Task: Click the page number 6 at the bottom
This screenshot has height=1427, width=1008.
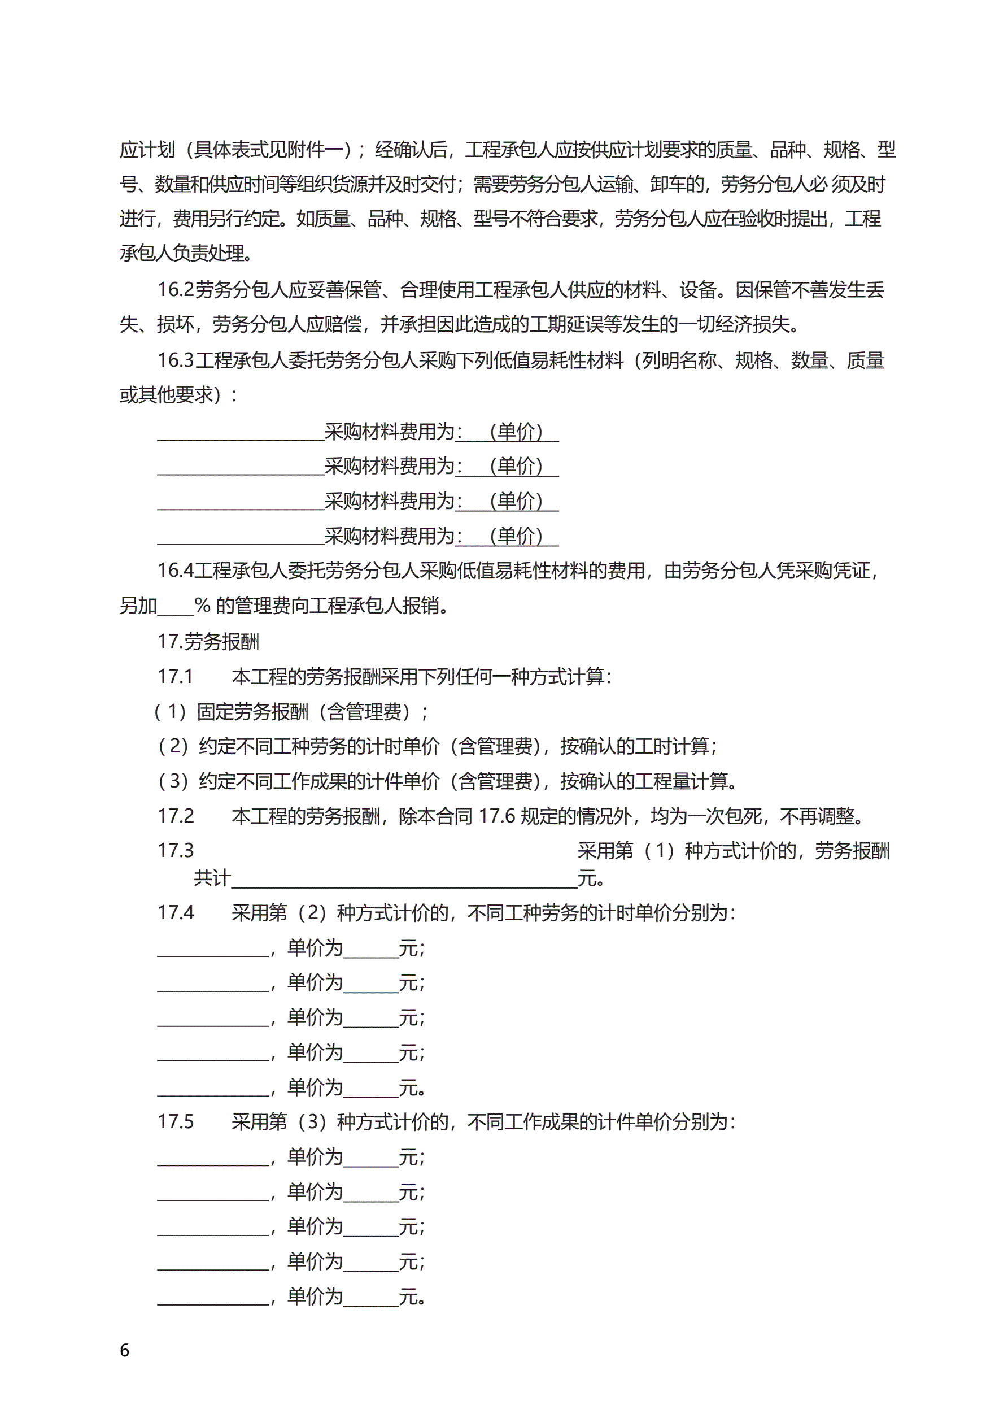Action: (x=124, y=1350)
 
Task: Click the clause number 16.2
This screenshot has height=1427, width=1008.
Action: (x=175, y=290)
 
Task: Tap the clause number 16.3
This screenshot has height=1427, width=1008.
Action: (x=175, y=360)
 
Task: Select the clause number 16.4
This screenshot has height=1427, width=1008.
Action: (x=175, y=570)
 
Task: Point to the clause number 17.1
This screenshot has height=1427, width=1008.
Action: (x=175, y=676)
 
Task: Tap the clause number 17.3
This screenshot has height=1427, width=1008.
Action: (x=175, y=850)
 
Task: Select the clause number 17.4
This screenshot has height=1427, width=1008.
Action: (x=175, y=912)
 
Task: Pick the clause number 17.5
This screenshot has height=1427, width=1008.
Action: (x=175, y=1121)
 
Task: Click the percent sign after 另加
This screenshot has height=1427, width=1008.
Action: (x=202, y=606)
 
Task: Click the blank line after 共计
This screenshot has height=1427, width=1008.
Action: (x=404, y=879)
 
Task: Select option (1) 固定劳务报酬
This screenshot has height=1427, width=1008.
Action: (x=292, y=712)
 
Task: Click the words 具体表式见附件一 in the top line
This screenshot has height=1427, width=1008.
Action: (x=267, y=150)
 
